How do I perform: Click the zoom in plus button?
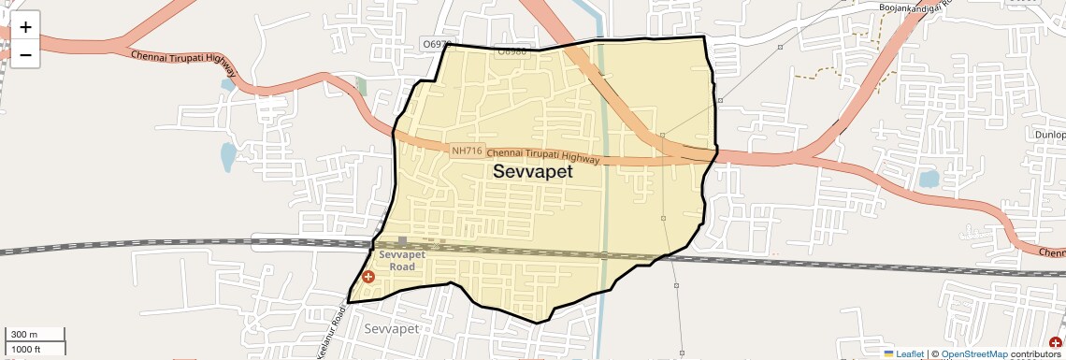[25, 26]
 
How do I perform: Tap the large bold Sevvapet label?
[532, 172]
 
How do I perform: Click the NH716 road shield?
[466, 151]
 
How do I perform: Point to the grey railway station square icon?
[402, 241]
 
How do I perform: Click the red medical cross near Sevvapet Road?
[368, 277]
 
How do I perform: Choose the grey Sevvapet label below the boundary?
[391, 329]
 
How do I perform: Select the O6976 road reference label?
[437, 44]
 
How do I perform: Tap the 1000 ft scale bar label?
[26, 349]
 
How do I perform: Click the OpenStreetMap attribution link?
[973, 353]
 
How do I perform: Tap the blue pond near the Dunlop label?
[929, 178]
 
